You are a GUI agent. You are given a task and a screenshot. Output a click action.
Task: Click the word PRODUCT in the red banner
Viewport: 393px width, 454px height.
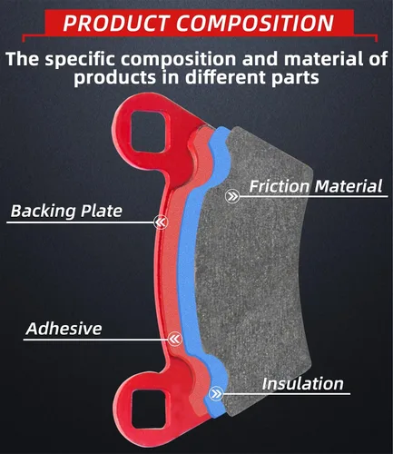(116, 23)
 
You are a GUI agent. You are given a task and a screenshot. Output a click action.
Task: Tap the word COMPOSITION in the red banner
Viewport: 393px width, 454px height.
(255, 23)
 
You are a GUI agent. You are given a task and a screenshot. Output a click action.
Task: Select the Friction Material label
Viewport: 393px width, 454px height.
(316, 186)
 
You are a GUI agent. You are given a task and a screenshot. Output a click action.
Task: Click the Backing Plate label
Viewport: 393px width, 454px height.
(66, 211)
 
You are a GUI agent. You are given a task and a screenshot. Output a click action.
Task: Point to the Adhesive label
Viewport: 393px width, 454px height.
(64, 329)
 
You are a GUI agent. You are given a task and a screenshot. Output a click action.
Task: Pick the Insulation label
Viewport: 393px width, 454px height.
(302, 383)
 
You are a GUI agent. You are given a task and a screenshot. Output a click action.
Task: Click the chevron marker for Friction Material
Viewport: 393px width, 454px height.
(232, 196)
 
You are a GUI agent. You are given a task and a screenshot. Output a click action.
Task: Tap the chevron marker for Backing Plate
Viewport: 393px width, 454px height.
(161, 222)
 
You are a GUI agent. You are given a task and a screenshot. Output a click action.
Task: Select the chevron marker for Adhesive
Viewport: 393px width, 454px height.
(174, 339)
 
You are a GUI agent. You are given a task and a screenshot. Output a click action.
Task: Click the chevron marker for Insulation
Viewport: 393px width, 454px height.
(216, 394)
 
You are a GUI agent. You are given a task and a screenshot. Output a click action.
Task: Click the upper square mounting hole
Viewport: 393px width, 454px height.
(149, 132)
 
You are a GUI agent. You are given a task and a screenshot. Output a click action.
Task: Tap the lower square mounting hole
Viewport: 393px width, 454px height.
(149, 409)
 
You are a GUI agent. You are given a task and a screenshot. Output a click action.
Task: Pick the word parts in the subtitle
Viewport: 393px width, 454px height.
(295, 78)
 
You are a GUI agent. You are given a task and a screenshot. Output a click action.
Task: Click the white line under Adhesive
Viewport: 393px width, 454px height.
(95, 340)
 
